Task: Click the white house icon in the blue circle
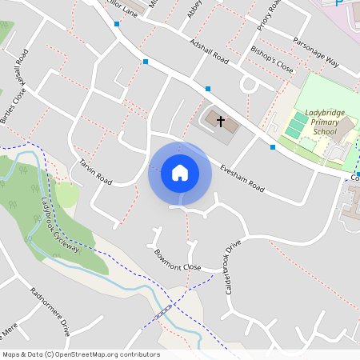pos(179,173)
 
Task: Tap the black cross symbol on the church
pos(220,122)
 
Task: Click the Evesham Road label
pos(242,177)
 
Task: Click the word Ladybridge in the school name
pos(325,113)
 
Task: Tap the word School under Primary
pos(325,132)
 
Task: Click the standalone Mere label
pos(10,330)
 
